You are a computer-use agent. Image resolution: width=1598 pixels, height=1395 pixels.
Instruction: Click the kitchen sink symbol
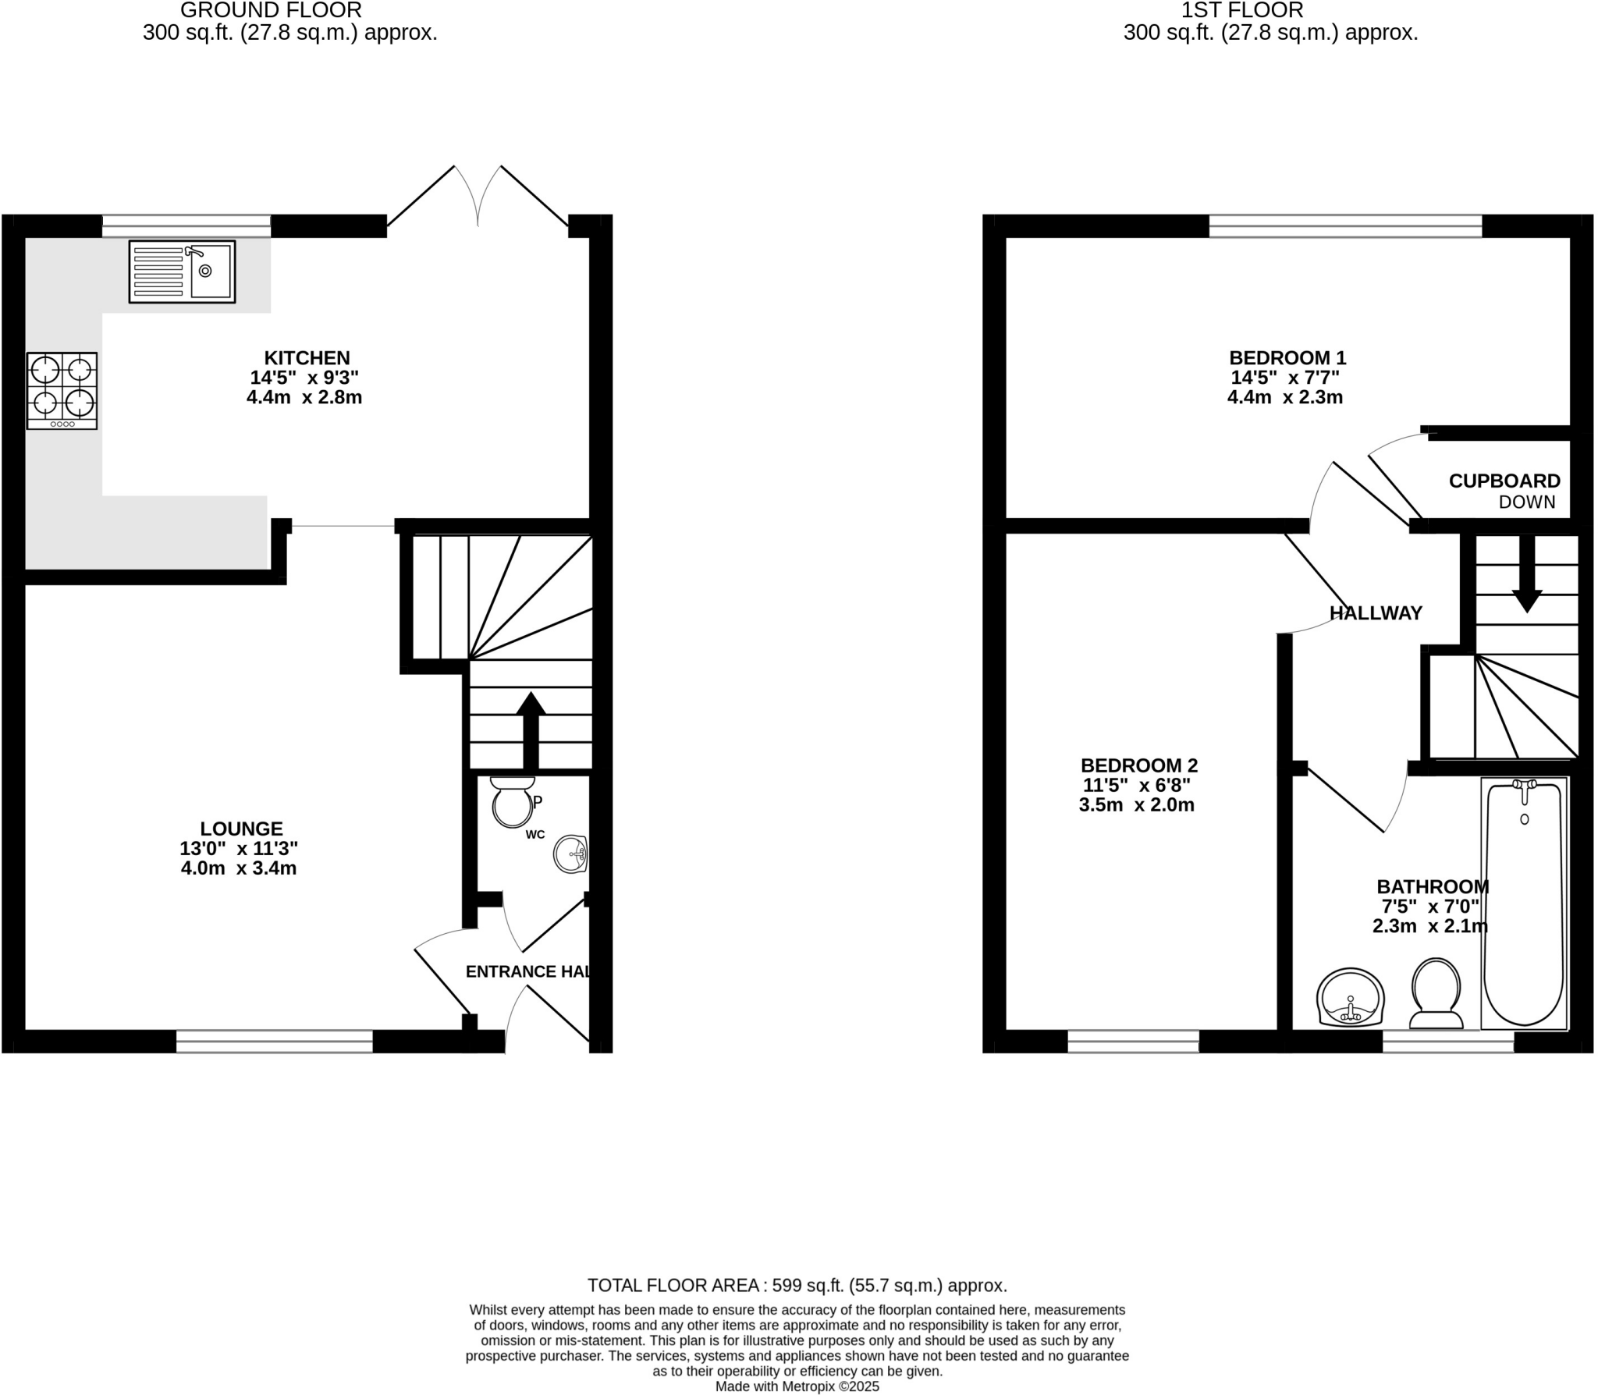182,272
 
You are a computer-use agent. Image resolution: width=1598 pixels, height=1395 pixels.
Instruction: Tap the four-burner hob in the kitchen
62,390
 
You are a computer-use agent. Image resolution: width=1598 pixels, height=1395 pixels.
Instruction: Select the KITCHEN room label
307,358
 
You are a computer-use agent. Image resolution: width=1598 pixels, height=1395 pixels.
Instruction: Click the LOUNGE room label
241,829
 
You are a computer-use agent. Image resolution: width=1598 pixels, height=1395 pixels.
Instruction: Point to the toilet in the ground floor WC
512,803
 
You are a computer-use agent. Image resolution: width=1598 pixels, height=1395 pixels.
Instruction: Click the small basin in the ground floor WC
571,854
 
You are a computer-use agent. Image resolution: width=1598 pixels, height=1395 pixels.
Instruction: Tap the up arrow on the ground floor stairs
531,729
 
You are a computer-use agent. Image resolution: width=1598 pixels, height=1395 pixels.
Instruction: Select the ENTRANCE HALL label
527,971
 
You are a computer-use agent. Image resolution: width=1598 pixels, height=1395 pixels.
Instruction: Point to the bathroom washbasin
1350,998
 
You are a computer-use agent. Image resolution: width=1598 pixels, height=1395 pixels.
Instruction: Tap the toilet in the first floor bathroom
1436,994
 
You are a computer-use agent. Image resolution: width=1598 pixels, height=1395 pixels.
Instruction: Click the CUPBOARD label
1504,481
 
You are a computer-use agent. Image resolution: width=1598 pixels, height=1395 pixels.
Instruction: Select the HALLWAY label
1376,613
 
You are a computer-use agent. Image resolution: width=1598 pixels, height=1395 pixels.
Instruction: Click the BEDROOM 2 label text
1138,765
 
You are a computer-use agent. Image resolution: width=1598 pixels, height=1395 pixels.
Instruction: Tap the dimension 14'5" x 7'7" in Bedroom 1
1285,378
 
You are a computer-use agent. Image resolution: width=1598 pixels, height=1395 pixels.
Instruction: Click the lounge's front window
274,1041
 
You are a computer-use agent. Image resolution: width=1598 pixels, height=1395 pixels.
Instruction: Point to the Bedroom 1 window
1344,226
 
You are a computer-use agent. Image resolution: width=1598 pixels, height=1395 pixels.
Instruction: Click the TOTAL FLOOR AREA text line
797,1285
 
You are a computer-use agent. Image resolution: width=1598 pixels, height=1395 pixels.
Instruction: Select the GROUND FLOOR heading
271,10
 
